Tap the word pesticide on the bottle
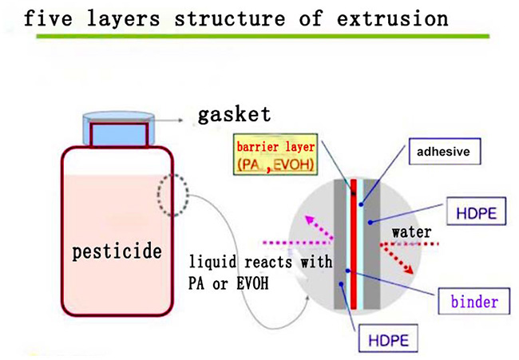click(117, 252)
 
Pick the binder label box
click(474, 302)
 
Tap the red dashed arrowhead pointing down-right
click(410, 270)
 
